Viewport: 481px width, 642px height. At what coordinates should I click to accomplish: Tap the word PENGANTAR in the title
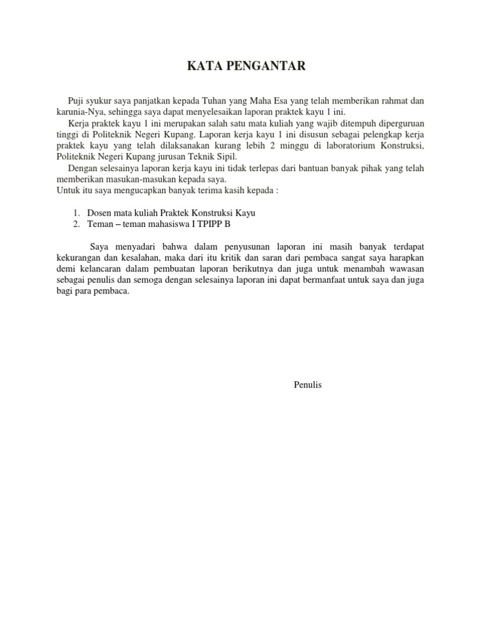(265, 66)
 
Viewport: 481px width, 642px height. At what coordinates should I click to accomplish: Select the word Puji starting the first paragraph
(76, 101)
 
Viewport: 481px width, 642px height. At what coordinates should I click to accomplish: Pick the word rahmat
(395, 101)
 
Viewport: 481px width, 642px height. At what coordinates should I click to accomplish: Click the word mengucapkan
(138, 190)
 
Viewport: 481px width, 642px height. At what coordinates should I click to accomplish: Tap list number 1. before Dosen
(76, 213)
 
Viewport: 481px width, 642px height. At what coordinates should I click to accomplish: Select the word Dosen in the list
(100, 213)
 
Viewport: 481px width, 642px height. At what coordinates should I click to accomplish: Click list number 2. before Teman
(76, 224)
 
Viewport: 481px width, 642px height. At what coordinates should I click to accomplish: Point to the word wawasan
(404, 269)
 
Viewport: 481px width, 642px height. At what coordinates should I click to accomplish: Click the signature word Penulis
(308, 385)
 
